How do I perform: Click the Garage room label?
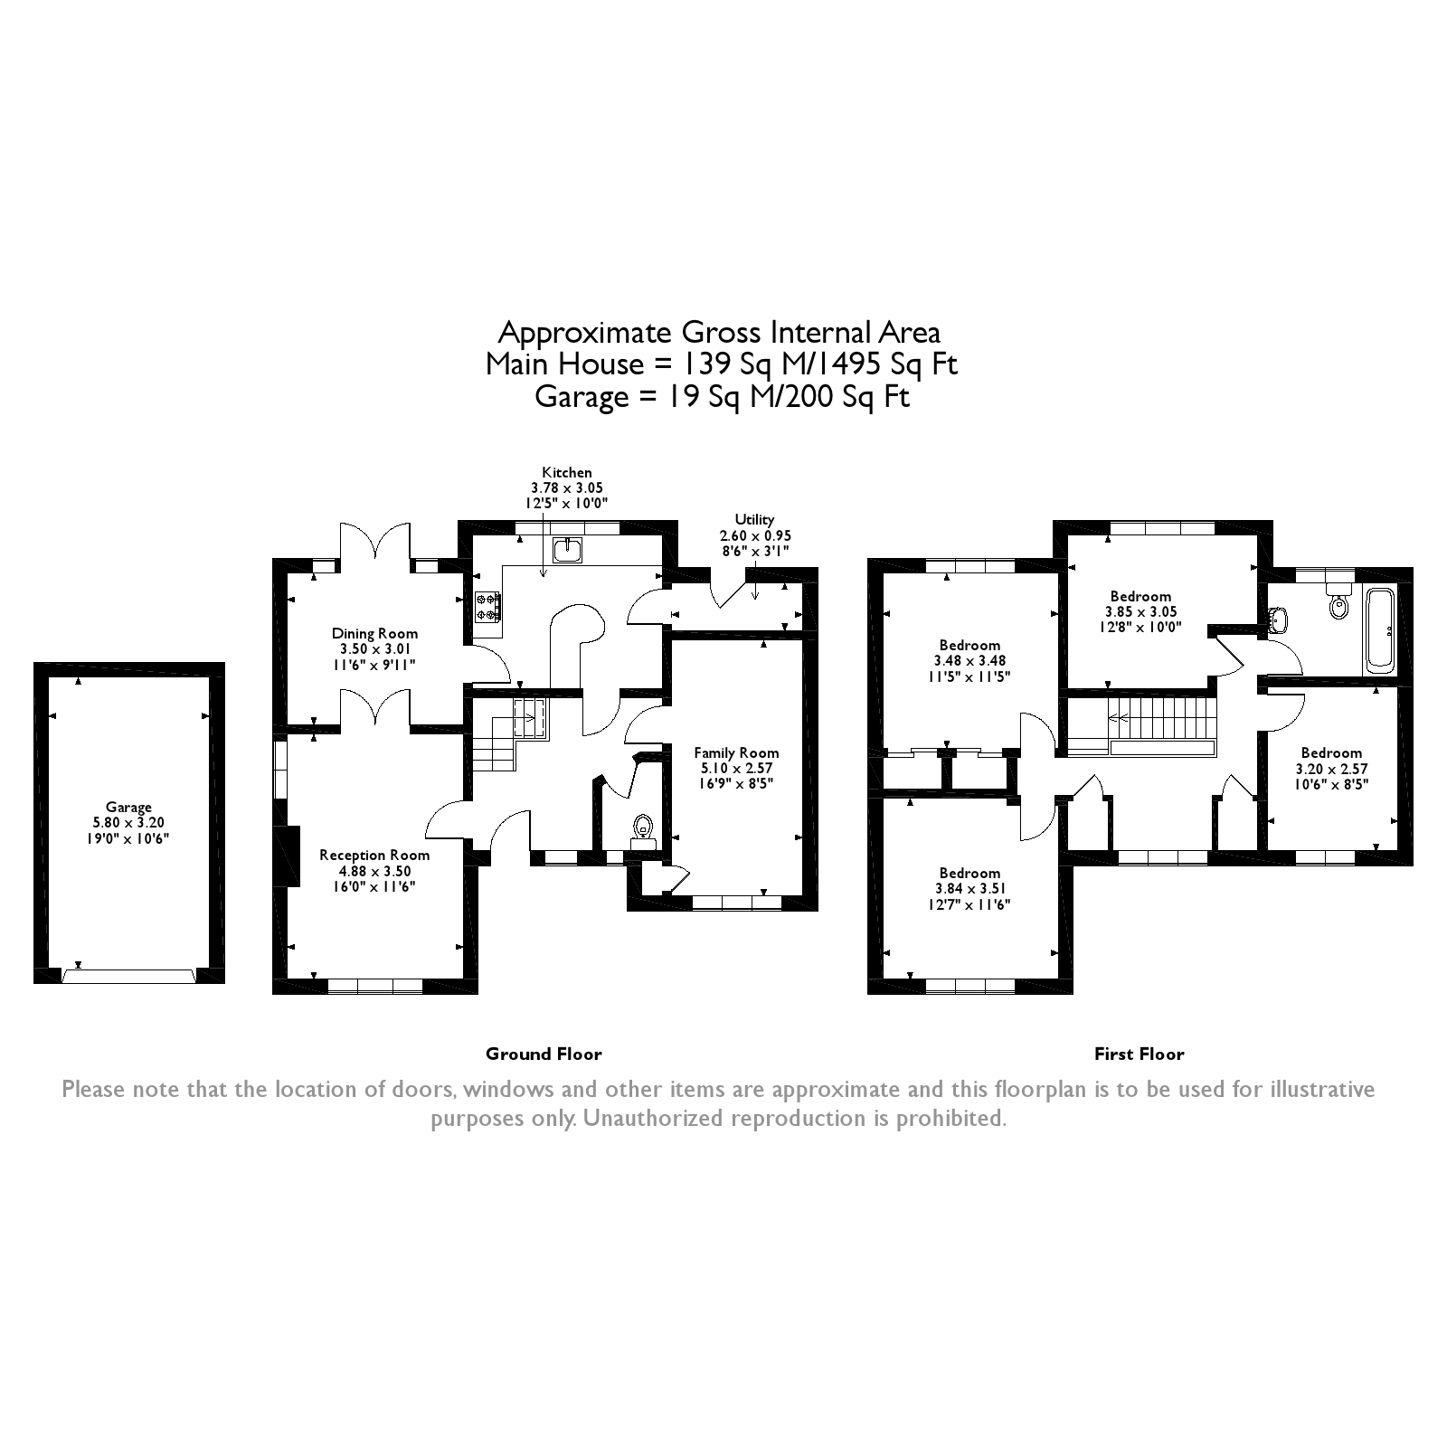pos(128,808)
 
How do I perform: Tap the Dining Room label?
pos(374,634)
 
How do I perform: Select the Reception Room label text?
pos(374,855)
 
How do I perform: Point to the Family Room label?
pos(736,752)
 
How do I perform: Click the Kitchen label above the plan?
pos(567,472)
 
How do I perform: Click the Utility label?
pos(754,519)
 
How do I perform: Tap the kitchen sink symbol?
pos(569,548)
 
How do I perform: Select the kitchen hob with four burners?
pos(487,606)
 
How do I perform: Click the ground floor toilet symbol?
pos(643,827)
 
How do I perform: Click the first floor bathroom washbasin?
pos(1278,619)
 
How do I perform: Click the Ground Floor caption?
pos(544,1054)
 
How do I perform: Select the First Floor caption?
pos(1139,1054)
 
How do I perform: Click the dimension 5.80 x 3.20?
pos(128,823)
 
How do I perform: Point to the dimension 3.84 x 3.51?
pos(969,889)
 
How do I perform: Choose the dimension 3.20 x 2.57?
pos(1331,769)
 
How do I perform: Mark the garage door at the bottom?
pos(128,976)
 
